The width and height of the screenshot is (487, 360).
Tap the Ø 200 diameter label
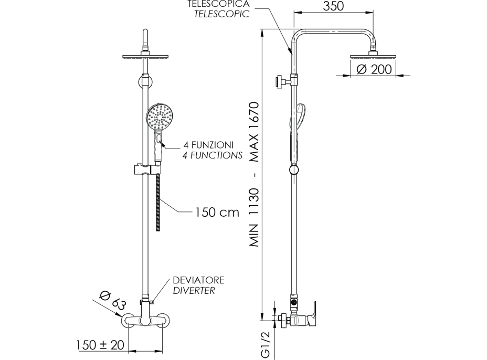374,69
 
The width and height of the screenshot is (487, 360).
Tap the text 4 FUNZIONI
208,145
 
